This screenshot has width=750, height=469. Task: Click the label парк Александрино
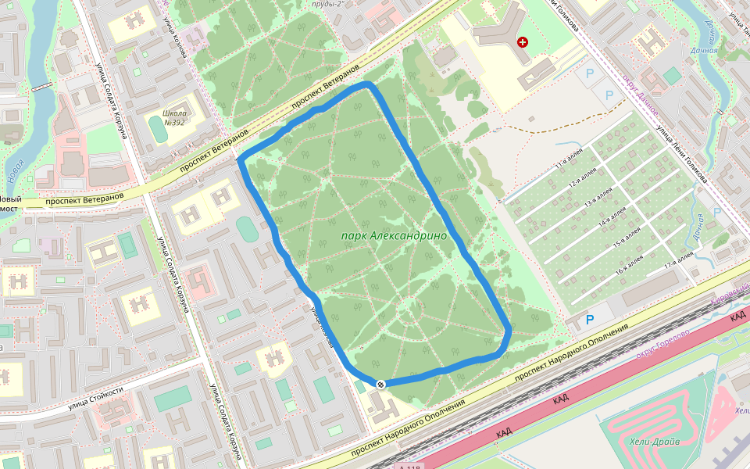coord(394,235)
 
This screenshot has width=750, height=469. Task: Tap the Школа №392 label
coord(173,117)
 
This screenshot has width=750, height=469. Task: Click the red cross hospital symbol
coord(523,41)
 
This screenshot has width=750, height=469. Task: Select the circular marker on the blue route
coord(380,384)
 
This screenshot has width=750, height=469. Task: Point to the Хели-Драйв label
coord(654,442)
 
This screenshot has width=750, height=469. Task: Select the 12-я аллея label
coord(583,181)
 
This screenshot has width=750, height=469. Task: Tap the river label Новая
coord(14,173)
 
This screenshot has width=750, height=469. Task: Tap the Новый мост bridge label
coord(9,205)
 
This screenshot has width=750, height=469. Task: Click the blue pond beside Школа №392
coord(159,129)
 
